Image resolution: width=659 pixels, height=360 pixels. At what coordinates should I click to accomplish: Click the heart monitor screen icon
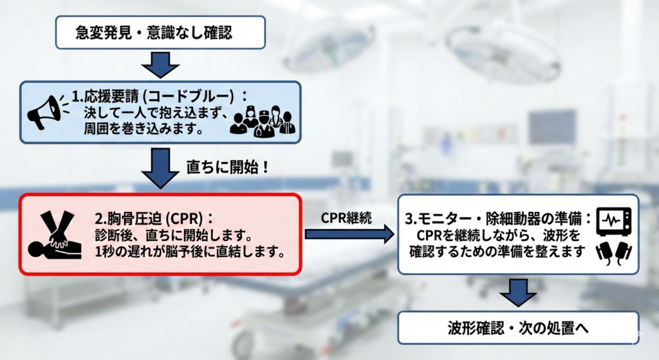(613, 221)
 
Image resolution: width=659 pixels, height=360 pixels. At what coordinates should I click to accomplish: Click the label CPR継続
(347, 216)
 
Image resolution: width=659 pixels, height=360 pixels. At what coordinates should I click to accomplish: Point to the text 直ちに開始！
(226, 167)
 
